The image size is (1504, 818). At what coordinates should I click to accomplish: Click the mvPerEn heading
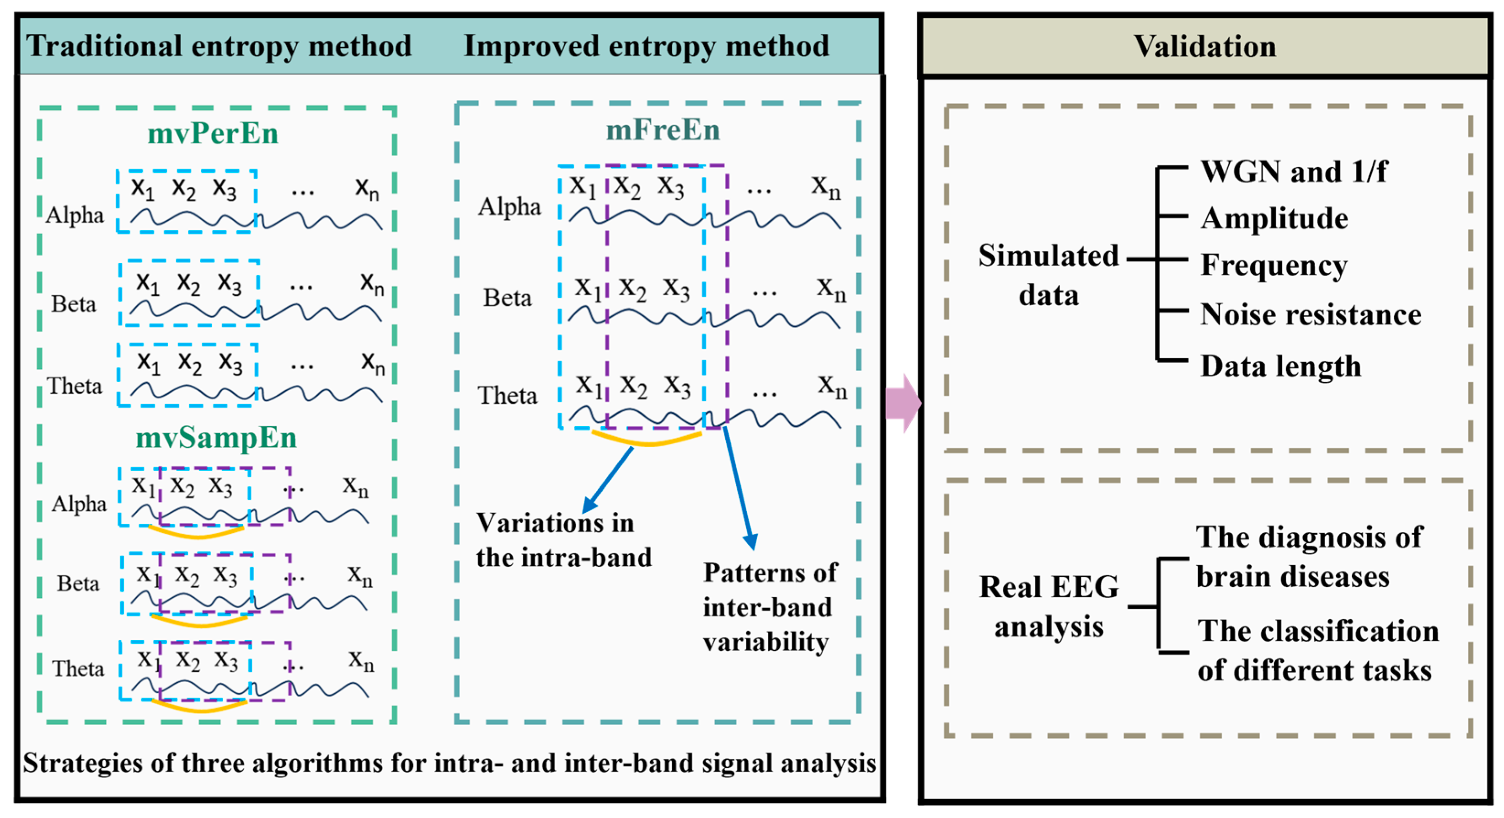[x=213, y=133]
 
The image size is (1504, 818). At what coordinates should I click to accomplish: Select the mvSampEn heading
[x=216, y=438]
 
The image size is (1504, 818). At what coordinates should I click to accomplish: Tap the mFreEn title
[x=663, y=129]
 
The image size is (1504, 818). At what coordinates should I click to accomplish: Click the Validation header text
[x=1204, y=46]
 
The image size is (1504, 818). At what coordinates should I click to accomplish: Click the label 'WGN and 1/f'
[x=1294, y=171]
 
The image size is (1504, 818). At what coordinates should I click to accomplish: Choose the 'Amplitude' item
[x=1274, y=218]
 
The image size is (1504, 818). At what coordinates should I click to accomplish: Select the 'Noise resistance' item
[x=1311, y=315]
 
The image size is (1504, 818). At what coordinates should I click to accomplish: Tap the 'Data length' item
[x=1280, y=367]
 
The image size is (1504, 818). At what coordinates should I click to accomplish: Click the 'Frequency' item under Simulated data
[x=1274, y=266]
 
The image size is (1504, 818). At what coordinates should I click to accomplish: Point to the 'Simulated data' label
[x=1049, y=275]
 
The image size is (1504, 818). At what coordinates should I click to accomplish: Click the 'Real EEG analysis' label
[x=1049, y=607]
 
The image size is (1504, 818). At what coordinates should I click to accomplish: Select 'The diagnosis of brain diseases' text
[x=1309, y=557]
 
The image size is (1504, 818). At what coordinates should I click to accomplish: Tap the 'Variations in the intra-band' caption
[x=563, y=540]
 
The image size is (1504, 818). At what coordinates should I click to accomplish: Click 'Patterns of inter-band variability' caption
[x=770, y=607]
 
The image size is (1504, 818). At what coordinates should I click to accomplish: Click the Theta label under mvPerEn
[x=75, y=386]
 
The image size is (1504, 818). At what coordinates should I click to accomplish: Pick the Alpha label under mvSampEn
[x=80, y=504]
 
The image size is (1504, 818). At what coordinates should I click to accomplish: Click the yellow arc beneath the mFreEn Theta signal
[x=647, y=439]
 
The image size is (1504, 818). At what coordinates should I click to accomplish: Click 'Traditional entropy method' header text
[x=219, y=46]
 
